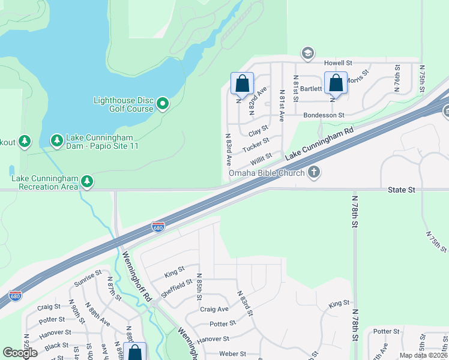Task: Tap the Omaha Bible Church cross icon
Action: pyautogui.click(x=313, y=173)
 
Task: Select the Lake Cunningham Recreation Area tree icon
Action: pyautogui.click(x=87, y=181)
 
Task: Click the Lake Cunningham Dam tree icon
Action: pyautogui.click(x=57, y=141)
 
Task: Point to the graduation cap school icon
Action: pyautogui.click(x=308, y=54)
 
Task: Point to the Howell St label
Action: pyautogui.click(x=338, y=63)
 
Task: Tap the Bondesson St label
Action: pyautogui.click(x=324, y=115)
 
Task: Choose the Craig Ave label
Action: pyautogui.click(x=214, y=309)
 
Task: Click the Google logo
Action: pyautogui.click(x=20, y=353)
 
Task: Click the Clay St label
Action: pyautogui.click(x=258, y=130)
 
